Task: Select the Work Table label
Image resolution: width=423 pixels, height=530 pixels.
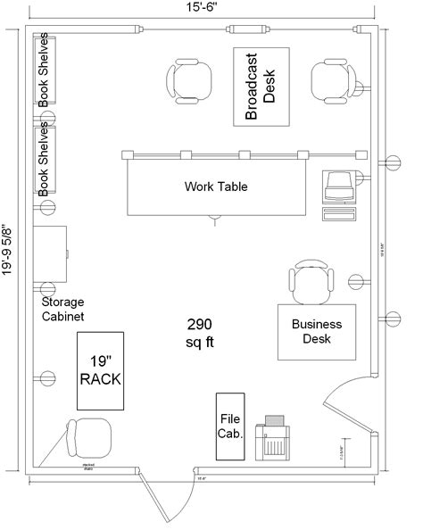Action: (215, 187)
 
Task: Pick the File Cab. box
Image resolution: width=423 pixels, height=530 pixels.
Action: (229, 426)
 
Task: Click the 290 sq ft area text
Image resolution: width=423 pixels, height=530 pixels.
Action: (200, 332)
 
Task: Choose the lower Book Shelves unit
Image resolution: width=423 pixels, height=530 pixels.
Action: (45, 161)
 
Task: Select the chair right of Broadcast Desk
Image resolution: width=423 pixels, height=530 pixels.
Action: (331, 81)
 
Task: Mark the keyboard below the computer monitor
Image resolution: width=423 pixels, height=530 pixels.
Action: (337, 214)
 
